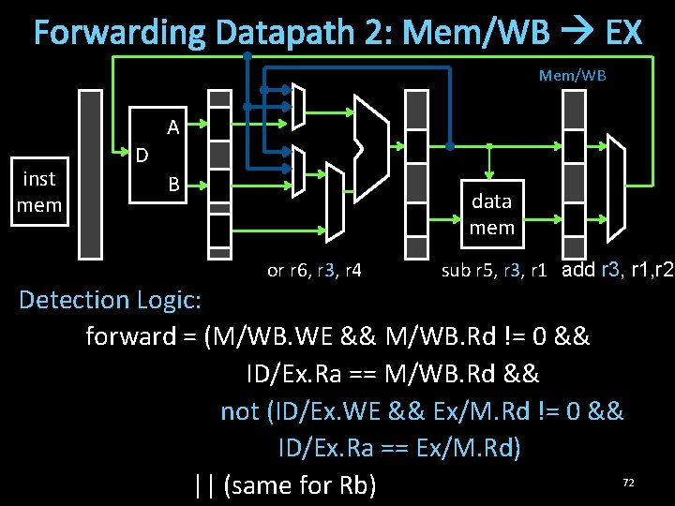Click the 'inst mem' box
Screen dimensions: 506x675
[x=39, y=191]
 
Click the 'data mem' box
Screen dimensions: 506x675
[x=492, y=214]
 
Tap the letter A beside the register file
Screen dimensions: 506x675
[x=173, y=126]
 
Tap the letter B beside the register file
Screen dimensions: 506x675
[x=173, y=184]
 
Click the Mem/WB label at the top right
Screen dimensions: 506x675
[x=572, y=75]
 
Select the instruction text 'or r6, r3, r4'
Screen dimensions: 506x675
[x=314, y=272]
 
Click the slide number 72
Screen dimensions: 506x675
[x=629, y=482]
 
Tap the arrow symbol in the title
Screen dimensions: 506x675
[x=578, y=34]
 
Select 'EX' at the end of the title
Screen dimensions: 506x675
[x=623, y=34]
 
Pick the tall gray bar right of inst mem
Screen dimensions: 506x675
[x=90, y=173]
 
